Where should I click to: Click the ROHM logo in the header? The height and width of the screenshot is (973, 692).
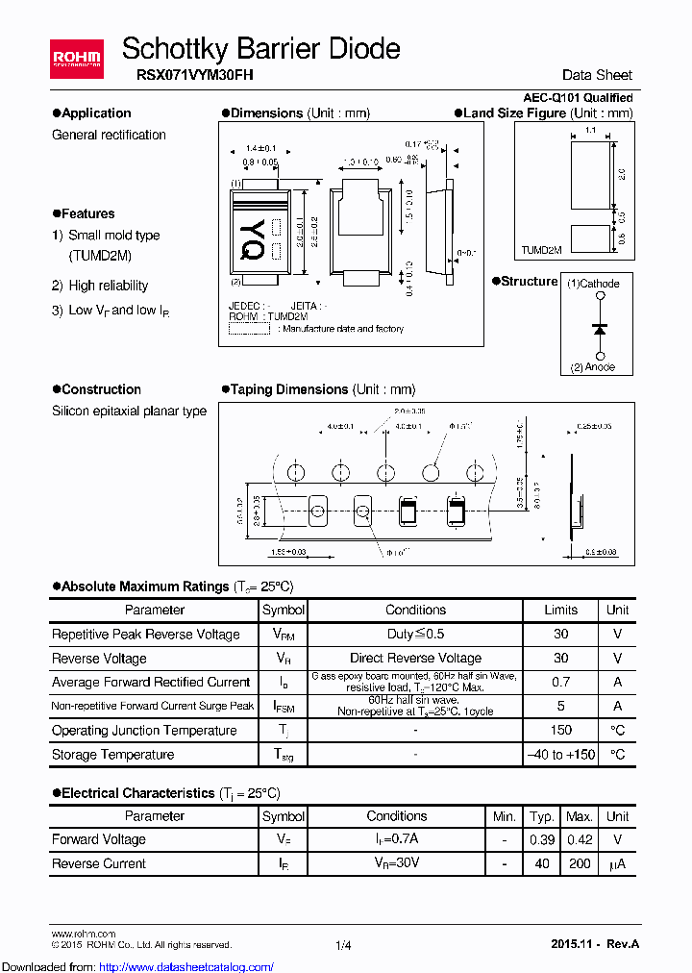click(77, 60)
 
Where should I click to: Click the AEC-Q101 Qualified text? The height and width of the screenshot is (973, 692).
click(578, 98)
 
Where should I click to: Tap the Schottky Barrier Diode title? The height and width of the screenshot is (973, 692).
click(261, 48)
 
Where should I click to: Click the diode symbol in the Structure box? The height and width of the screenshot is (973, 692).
click(601, 329)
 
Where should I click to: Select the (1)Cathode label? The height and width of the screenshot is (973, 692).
click(593, 284)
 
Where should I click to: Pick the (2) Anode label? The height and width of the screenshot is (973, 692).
click(592, 367)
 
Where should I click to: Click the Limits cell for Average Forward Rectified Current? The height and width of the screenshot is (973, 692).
click(560, 682)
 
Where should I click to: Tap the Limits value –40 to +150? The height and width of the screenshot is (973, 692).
click(560, 755)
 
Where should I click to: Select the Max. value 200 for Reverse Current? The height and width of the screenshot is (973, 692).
click(579, 863)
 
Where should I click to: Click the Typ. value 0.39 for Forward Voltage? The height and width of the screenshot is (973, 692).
click(542, 839)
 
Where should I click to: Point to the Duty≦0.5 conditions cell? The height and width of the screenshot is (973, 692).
click(415, 635)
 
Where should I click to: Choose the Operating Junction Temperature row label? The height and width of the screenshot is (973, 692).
click(144, 731)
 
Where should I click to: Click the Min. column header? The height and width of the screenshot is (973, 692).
click(505, 816)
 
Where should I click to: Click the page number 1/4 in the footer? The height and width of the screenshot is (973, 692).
click(344, 946)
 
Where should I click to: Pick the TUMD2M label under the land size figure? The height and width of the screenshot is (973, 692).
click(541, 250)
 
